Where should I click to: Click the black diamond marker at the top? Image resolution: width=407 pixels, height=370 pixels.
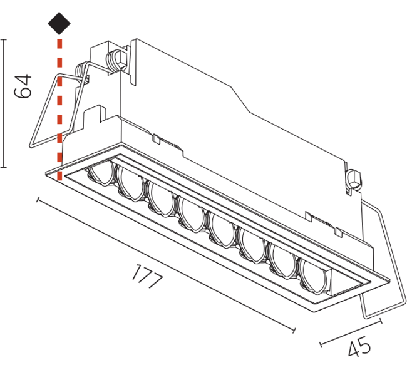tap(59, 23)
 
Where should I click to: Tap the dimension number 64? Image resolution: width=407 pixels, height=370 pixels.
tap(23, 86)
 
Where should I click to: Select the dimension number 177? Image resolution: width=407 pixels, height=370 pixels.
tap(147, 277)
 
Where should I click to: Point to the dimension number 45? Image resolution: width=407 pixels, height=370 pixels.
tap(359, 346)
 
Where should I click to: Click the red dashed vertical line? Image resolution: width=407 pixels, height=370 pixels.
tap(59, 110)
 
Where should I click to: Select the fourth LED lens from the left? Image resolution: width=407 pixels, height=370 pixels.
tap(192, 214)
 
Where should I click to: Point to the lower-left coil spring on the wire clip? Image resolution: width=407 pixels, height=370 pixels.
tap(81, 71)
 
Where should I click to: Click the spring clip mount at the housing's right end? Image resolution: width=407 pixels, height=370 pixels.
tap(353, 180)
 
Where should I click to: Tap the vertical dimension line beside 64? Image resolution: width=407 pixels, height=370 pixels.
tap(3, 103)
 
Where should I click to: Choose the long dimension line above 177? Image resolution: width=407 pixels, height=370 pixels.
tap(166, 265)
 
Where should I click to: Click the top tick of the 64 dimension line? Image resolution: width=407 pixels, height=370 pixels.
tap(3, 39)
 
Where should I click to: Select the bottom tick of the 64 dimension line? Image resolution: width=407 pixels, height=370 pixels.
tap(3, 167)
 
